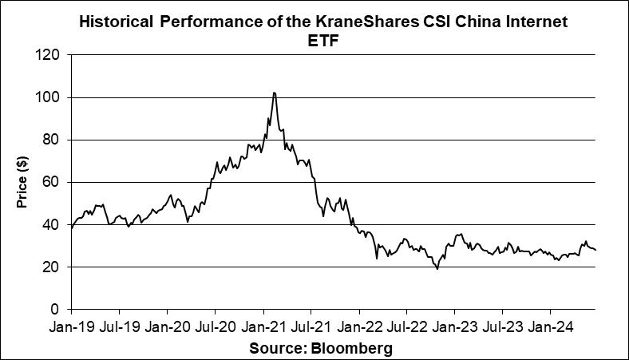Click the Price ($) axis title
tap(22, 182)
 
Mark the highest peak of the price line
tap(274, 93)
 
